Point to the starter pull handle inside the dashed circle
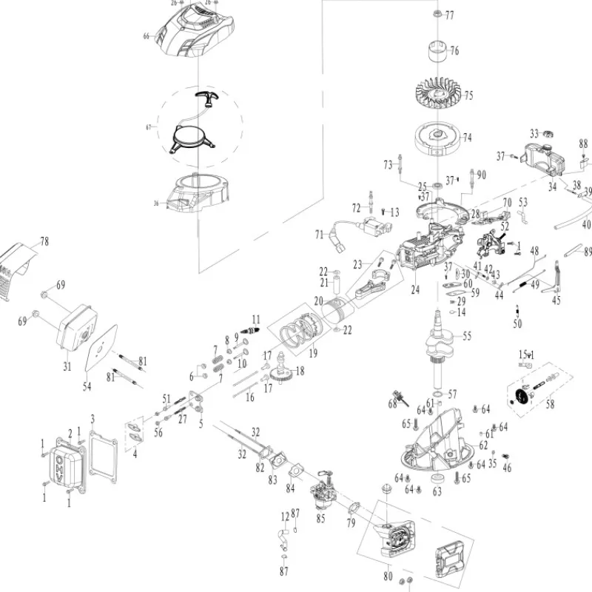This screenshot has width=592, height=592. [203, 95]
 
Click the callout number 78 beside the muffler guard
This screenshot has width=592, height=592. [44, 241]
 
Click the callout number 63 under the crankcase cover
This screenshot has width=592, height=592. [437, 490]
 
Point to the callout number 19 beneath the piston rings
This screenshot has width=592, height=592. [313, 354]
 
